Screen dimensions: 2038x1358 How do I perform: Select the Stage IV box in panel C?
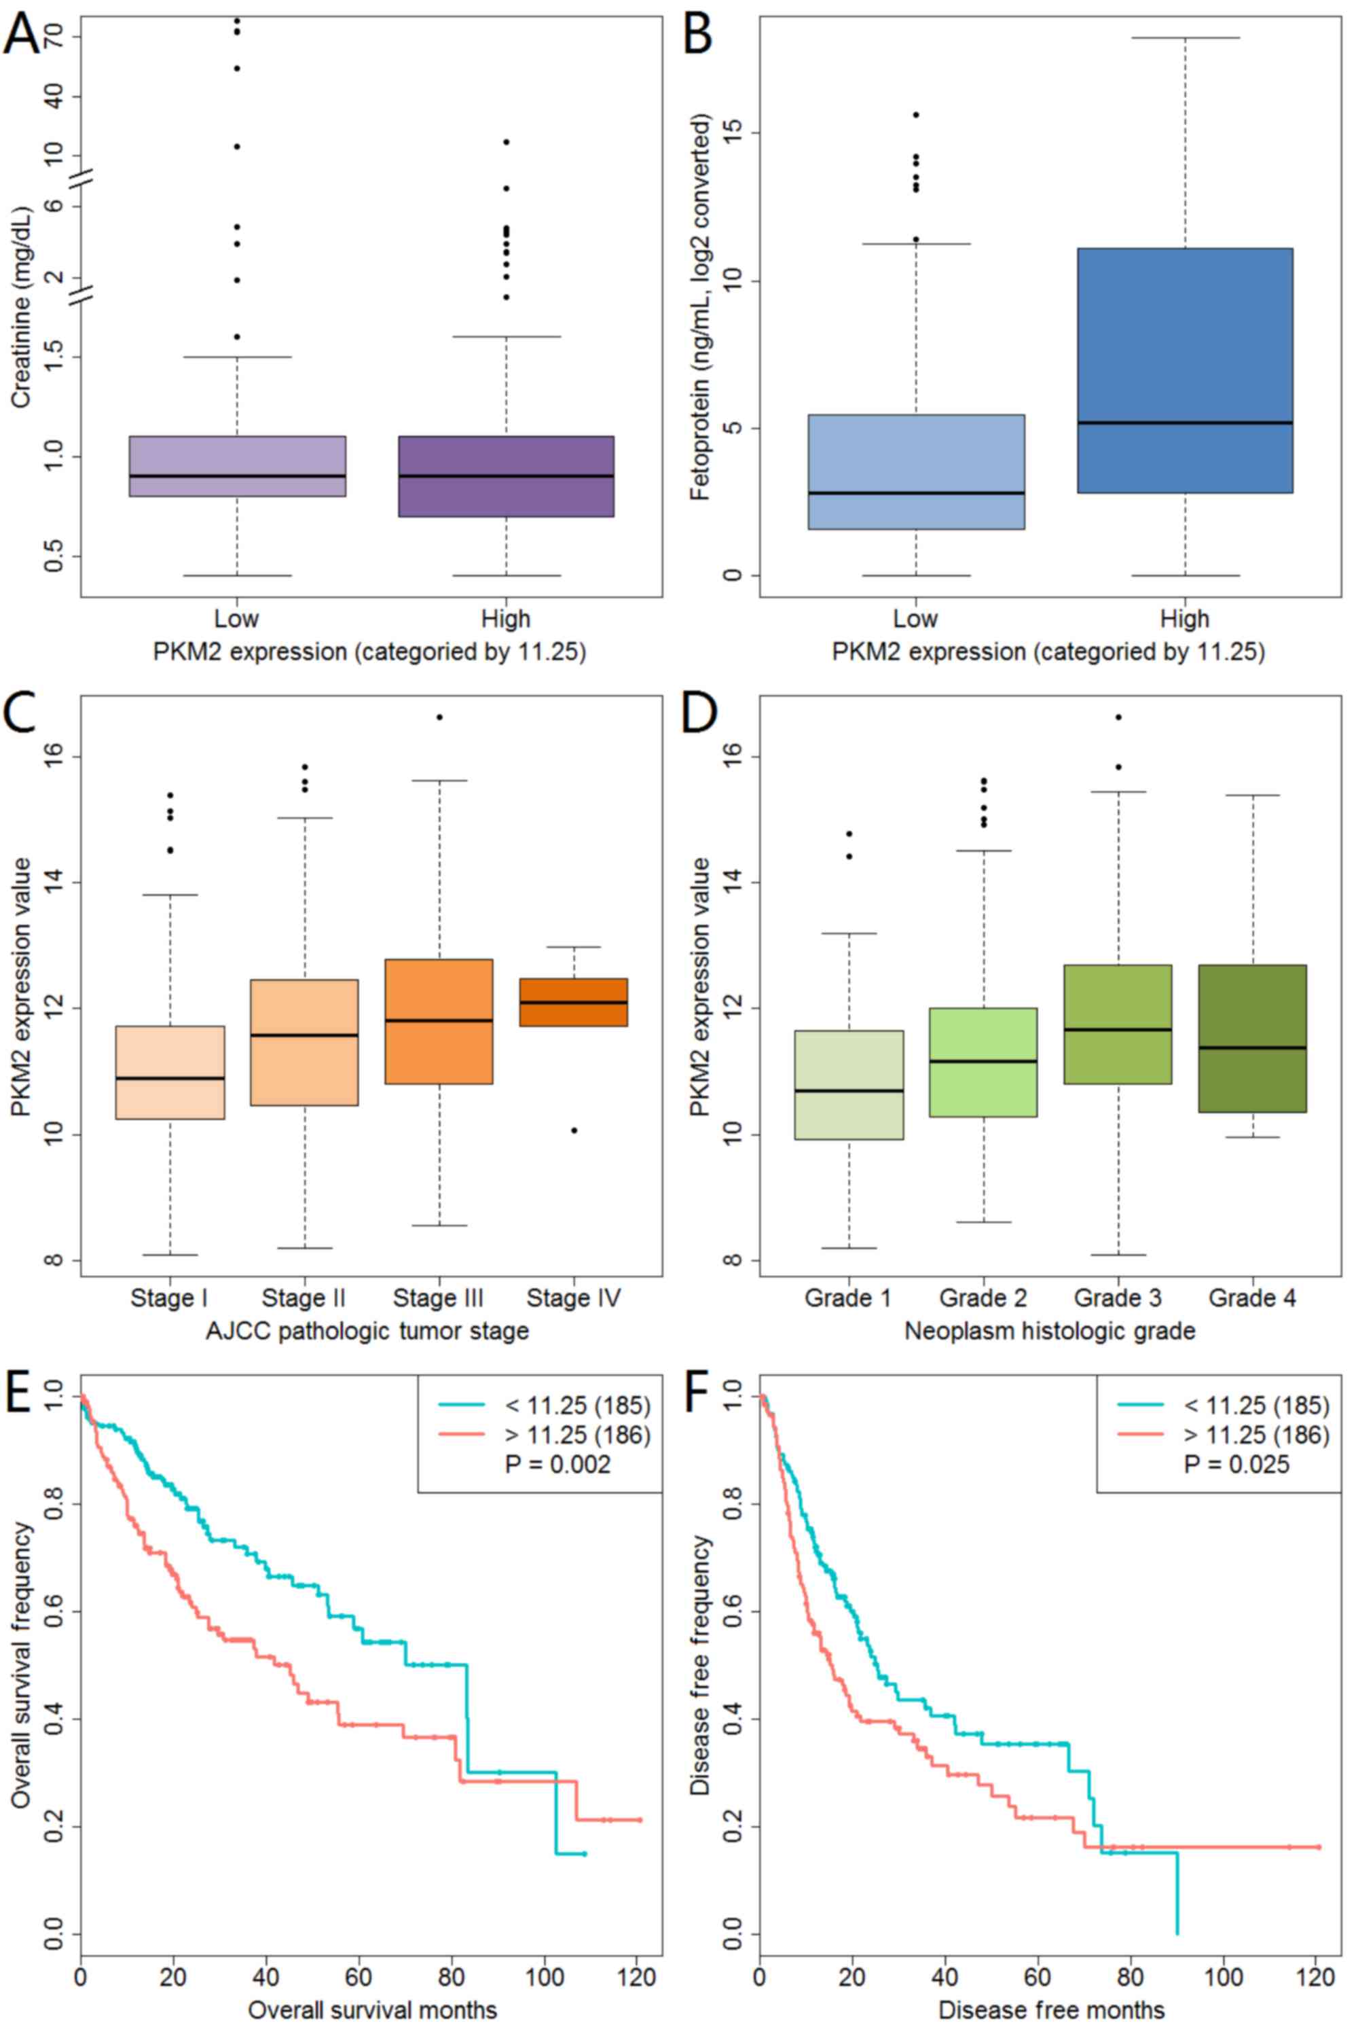pos(573,1003)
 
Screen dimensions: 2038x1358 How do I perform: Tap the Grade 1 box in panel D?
pos(849,1084)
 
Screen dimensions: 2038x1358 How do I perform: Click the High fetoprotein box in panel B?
pos(1185,370)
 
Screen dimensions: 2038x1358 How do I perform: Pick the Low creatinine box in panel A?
pos(237,466)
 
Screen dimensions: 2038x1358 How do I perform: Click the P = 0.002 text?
pos(557,1465)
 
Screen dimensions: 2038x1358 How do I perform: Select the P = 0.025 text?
pos(1236,1465)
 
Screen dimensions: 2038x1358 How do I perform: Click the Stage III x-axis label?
pos(438,1298)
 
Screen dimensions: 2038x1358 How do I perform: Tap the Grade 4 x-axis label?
pos(1252,1298)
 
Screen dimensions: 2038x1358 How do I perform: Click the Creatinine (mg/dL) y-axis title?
pos(21,305)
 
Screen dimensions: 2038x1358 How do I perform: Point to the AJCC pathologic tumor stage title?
pos(367,1331)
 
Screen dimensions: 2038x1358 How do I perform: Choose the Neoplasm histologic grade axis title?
pos(1050,1331)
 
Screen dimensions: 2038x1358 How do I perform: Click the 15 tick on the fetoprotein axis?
pos(733,132)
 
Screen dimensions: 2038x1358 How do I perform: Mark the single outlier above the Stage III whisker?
pos(439,717)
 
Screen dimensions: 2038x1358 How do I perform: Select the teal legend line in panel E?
pos(462,1405)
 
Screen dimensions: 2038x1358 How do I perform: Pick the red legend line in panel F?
pos(1141,1435)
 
